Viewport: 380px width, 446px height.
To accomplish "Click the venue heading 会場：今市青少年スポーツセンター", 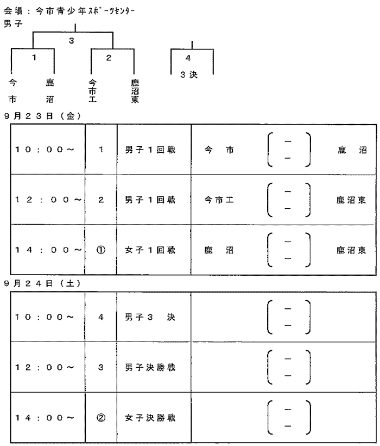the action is pyautogui.click(x=69, y=11).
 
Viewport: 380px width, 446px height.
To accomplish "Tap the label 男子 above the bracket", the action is pyautogui.click(x=13, y=23).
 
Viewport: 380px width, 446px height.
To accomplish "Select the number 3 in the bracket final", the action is pyautogui.click(x=72, y=41).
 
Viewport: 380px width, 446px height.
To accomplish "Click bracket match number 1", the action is pyautogui.click(x=34, y=58).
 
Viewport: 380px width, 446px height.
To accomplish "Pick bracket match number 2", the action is pyautogui.click(x=109, y=58).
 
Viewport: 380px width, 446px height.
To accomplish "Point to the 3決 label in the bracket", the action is pyautogui.click(x=189, y=75).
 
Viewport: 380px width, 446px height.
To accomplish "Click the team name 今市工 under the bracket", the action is pyautogui.click(x=92, y=91).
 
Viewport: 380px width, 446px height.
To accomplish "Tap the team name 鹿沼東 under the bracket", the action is pyautogui.click(x=135, y=91).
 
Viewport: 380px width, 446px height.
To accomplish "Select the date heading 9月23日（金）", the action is pyautogui.click(x=42, y=116).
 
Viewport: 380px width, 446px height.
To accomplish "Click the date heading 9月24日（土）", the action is pyautogui.click(x=42, y=283).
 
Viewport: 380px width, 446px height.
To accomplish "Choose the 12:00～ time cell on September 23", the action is pyautogui.click(x=48, y=200).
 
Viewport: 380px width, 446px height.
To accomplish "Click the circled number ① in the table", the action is pyautogui.click(x=101, y=250).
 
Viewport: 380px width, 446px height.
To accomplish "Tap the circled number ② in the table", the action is pyautogui.click(x=101, y=418).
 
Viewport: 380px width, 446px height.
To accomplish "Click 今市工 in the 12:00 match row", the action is pyautogui.click(x=219, y=200).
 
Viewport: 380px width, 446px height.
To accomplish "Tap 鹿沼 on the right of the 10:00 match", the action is pyautogui.click(x=352, y=150).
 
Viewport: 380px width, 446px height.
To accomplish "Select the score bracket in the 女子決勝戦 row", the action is pyautogui.click(x=268, y=418).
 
